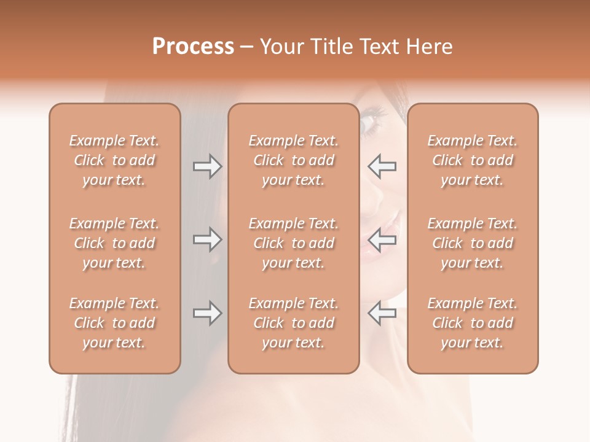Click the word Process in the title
[193, 47]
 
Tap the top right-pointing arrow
[208, 166]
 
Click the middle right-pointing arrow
[208, 239]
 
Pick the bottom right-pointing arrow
[208, 313]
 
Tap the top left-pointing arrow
[382, 166]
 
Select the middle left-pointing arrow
[382, 239]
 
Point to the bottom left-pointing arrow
[382, 313]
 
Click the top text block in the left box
[114, 160]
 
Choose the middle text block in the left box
[114, 243]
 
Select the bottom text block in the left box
[114, 323]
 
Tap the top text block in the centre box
[293, 160]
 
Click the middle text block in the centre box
[293, 243]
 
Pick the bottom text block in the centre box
[293, 323]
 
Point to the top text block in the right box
[472, 160]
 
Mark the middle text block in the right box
[472, 243]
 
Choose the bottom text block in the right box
[472, 323]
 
